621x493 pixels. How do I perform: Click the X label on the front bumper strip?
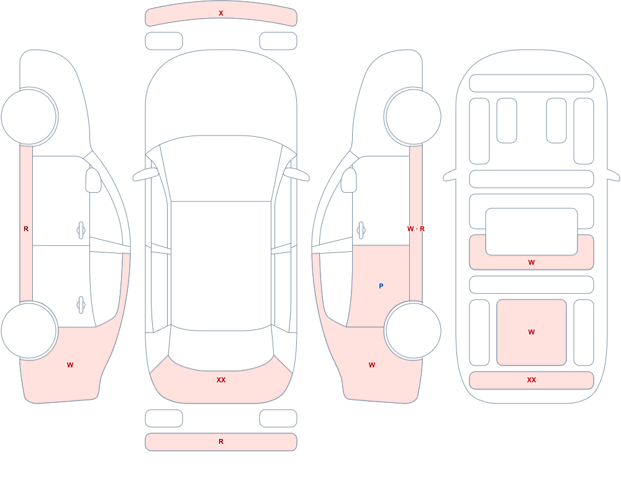(221, 13)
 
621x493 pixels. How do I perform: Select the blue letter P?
(381, 286)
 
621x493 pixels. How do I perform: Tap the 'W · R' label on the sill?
(416, 229)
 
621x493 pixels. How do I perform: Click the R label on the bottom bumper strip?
(221, 441)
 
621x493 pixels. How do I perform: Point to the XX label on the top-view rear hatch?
(221, 380)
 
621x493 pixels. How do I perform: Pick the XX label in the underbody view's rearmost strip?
(532, 380)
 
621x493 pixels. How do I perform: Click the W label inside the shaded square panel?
(532, 332)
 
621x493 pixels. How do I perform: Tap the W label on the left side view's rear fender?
(70, 365)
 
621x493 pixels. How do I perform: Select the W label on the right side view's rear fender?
(372, 365)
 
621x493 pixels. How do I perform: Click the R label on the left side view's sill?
(26, 229)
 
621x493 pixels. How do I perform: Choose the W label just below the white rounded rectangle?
(532, 262)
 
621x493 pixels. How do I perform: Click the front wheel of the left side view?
(29, 117)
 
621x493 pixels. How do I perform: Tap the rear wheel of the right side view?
(413, 330)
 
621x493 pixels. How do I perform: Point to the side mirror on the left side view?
(94, 180)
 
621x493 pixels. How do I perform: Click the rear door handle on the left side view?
(81, 305)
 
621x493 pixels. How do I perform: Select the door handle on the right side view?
(361, 231)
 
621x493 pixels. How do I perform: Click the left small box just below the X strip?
(164, 41)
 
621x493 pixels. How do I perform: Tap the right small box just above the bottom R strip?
(278, 418)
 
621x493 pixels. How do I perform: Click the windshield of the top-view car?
(221, 168)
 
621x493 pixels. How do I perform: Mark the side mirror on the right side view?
(349, 180)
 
